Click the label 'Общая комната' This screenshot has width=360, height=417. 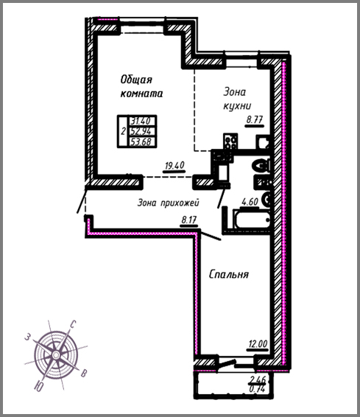coord(141,87)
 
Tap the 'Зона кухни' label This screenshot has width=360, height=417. coord(237,99)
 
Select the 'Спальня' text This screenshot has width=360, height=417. coord(229,275)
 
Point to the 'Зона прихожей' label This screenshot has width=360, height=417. coord(168,203)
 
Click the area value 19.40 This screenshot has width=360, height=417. coord(174,166)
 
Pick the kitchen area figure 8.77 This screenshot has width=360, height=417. coord(255,119)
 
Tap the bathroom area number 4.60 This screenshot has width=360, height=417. coord(250,202)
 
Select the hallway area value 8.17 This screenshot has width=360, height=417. coord(189,220)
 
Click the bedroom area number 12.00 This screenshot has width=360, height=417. coord(258,344)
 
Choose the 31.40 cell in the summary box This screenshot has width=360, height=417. coord(141,121)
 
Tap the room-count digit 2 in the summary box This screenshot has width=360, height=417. coord(123,132)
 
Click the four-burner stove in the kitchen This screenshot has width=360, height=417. coord(230,141)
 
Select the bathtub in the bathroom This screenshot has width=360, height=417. coord(251,219)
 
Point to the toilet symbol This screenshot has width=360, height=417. coord(261,166)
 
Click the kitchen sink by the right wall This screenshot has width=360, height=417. coord(263,142)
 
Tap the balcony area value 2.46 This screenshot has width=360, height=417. coord(257,379)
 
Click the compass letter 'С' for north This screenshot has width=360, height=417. coord(73,324)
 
